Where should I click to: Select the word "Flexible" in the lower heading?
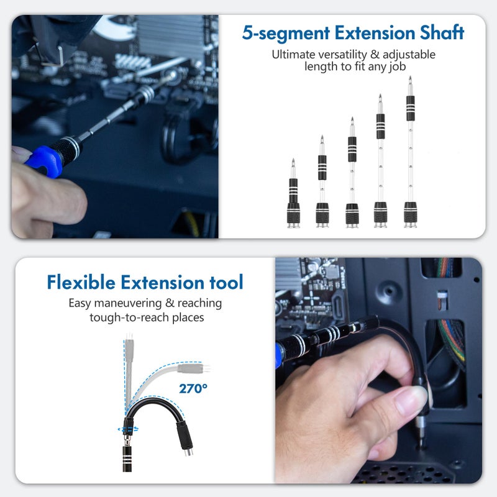[x=81, y=283]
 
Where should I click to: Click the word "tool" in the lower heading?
[x=223, y=283]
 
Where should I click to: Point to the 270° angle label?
[x=194, y=389]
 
